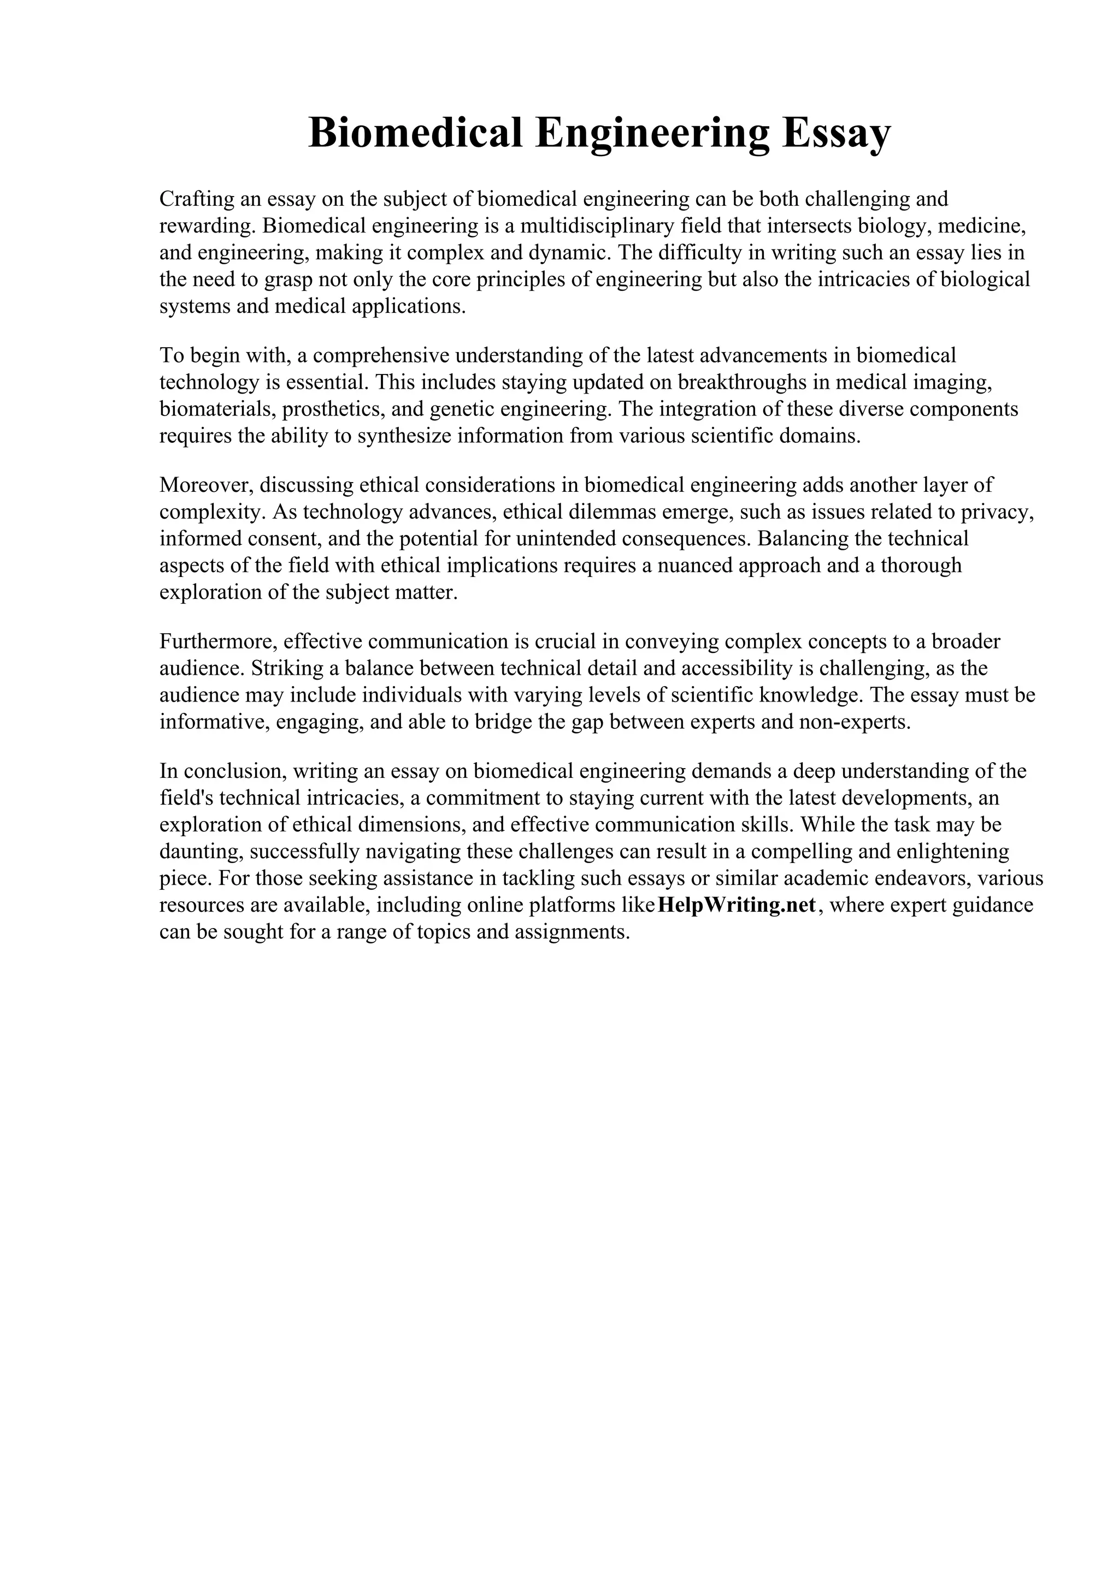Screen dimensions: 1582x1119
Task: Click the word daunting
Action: pos(201,852)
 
